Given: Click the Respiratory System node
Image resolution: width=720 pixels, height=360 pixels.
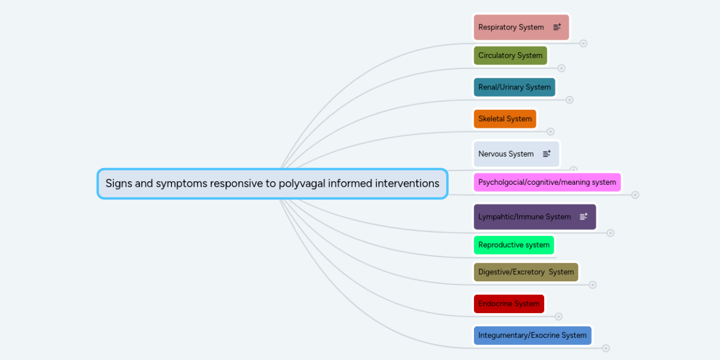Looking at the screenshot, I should pyautogui.click(x=511, y=28).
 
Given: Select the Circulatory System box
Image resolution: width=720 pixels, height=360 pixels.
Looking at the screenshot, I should pyautogui.click(x=510, y=56).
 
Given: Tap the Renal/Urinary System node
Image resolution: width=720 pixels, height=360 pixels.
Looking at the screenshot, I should pyautogui.click(x=514, y=87).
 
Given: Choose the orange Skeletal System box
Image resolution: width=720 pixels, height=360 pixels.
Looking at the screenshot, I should pyautogui.click(x=505, y=119).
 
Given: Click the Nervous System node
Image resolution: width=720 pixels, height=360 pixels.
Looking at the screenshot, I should pyautogui.click(x=506, y=154).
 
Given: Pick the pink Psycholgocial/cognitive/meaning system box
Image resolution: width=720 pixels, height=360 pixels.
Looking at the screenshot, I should pyautogui.click(x=547, y=182).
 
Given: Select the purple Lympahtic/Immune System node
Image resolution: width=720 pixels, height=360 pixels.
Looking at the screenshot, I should pyautogui.click(x=524, y=217).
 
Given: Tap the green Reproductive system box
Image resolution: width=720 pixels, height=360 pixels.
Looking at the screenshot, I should pyautogui.click(x=514, y=245).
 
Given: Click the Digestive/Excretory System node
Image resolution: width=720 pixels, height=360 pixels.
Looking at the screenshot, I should pyautogui.click(x=526, y=272).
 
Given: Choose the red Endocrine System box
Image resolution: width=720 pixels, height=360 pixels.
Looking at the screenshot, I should pyautogui.click(x=509, y=304).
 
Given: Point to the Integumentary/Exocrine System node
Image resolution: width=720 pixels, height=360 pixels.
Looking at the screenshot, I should pyautogui.click(x=532, y=335).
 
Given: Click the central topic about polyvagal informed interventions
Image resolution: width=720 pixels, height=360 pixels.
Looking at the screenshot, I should pyautogui.click(x=272, y=184).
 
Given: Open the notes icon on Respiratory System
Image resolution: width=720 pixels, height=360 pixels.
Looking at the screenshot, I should pyautogui.click(x=557, y=27).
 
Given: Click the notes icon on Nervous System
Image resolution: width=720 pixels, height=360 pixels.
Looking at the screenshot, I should pyautogui.click(x=547, y=154).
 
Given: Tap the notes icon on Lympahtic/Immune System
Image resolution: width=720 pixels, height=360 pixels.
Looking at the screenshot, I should pyautogui.click(x=584, y=217).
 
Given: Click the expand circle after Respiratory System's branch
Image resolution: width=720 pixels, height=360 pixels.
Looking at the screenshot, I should pyautogui.click(x=583, y=43).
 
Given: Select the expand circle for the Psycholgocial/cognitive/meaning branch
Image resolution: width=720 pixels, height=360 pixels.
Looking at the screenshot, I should pyautogui.click(x=635, y=194).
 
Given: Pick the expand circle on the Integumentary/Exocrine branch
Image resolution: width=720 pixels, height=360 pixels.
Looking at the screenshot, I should pyautogui.click(x=606, y=348).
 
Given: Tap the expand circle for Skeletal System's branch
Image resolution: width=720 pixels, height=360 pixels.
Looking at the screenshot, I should pyautogui.click(x=551, y=131).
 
